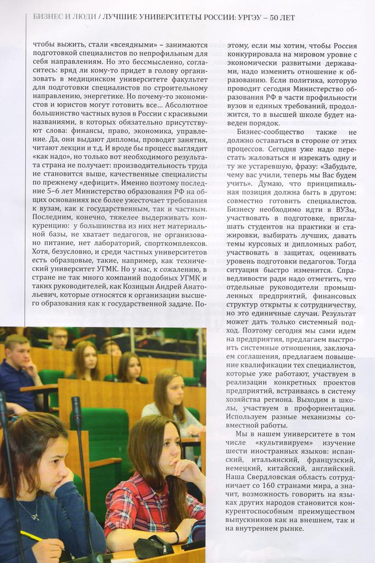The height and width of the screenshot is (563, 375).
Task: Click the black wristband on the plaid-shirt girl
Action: [176, 537]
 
